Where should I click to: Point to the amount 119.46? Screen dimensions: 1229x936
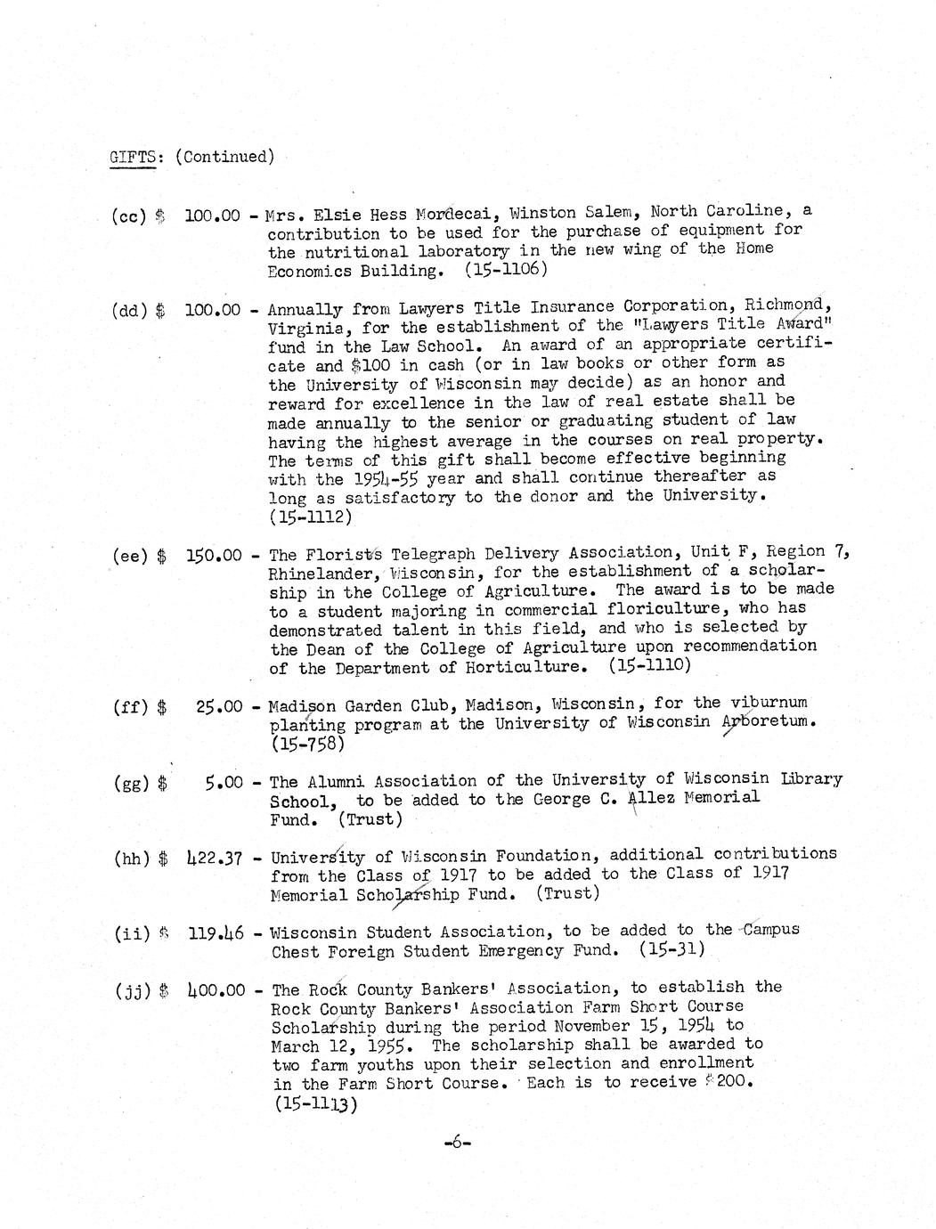click(214, 935)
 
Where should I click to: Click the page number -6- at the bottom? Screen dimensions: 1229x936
click(455, 1143)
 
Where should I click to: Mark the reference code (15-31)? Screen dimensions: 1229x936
click(672, 949)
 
